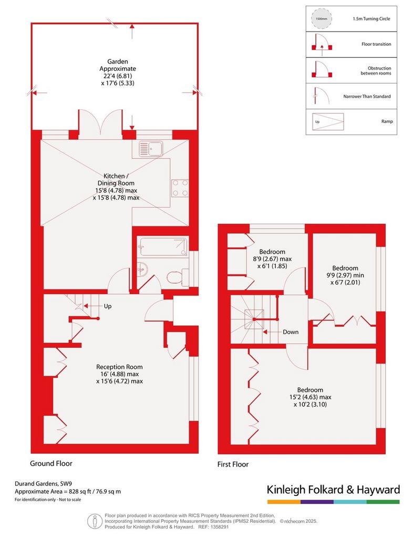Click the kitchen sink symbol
click(x=151, y=149)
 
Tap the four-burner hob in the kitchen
click(x=180, y=189)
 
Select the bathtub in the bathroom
click(x=163, y=247)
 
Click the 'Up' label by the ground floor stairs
click(x=108, y=306)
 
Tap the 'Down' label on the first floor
click(x=291, y=332)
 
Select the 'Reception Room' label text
click(x=119, y=367)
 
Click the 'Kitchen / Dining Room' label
click(x=116, y=180)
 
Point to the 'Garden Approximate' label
click(x=118, y=65)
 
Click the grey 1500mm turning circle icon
click(x=322, y=19)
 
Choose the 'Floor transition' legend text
click(x=376, y=44)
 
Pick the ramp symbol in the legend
click(x=328, y=121)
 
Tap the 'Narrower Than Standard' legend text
click(x=367, y=97)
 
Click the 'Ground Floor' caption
click(x=51, y=463)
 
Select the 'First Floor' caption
click(x=233, y=464)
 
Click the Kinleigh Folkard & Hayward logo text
click(x=333, y=490)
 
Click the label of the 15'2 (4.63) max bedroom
click(x=310, y=397)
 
